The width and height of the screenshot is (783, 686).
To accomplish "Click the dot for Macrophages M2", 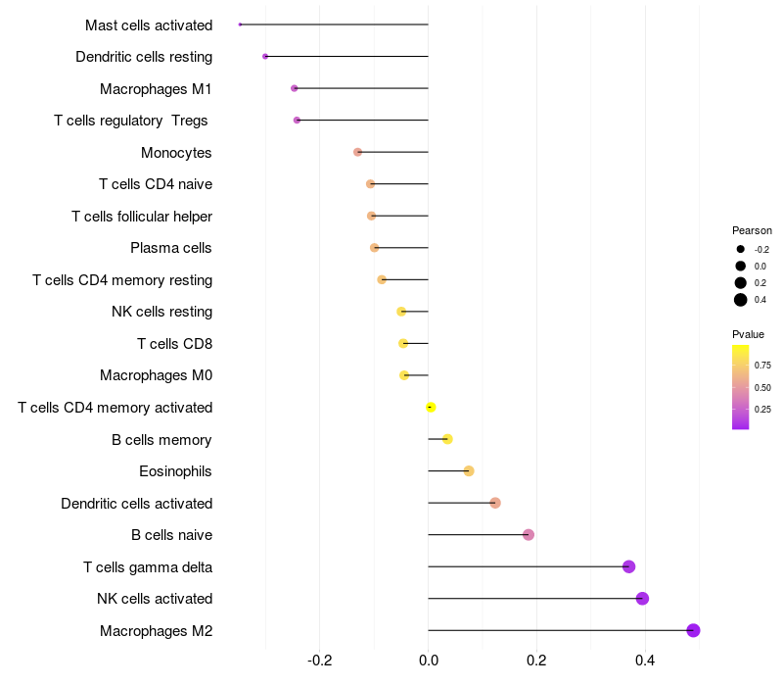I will click(693, 630).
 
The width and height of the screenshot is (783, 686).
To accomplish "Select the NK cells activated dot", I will click(642, 599).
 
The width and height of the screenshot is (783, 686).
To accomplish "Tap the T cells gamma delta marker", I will click(628, 566).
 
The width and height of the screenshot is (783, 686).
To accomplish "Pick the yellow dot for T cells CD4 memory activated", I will click(430, 407).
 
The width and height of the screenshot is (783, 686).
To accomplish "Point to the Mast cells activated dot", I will click(240, 24).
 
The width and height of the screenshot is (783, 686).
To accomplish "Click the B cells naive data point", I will click(529, 535).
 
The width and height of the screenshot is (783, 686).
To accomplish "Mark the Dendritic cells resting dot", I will click(265, 56).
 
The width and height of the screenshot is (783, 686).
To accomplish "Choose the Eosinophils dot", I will click(469, 471).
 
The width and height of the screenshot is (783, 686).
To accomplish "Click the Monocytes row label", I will click(176, 153).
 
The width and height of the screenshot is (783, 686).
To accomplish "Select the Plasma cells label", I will click(171, 248).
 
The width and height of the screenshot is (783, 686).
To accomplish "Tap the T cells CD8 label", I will click(174, 344).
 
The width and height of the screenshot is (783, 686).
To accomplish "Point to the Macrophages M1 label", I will click(156, 89).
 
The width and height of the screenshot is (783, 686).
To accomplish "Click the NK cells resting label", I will click(161, 312).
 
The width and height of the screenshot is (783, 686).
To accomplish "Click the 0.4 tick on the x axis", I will click(644, 660).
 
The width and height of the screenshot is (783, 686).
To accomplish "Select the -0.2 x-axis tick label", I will click(320, 660).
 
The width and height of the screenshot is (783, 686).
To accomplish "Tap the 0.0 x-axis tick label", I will click(429, 660).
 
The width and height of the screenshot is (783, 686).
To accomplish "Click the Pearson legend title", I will click(752, 230).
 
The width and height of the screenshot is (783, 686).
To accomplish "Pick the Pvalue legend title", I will click(749, 334).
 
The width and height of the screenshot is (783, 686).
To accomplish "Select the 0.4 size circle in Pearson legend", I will click(741, 300).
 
